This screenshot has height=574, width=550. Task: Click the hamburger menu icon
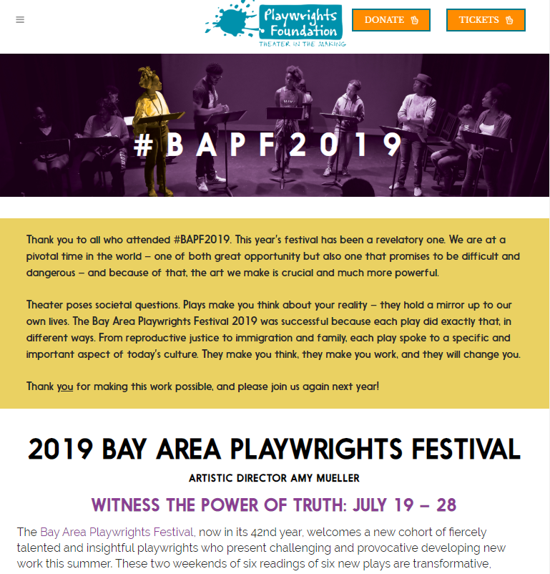pyautogui.click(x=20, y=20)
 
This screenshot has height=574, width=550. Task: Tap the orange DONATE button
pyautogui.click(x=391, y=20)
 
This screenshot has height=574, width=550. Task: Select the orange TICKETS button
pyautogui.click(x=486, y=20)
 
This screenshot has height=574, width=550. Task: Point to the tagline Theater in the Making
pyautogui.click(x=302, y=44)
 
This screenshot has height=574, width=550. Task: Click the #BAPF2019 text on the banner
pyautogui.click(x=268, y=144)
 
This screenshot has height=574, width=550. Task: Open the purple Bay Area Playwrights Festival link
pyautogui.click(x=117, y=532)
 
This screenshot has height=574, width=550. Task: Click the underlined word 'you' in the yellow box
pyautogui.click(x=65, y=386)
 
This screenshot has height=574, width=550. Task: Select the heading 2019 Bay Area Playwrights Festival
pyautogui.click(x=274, y=449)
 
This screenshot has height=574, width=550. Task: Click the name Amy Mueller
pyautogui.click(x=327, y=477)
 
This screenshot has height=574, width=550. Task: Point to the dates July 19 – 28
pyautogui.click(x=405, y=505)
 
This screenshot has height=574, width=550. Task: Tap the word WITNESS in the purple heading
pyautogui.click(x=126, y=505)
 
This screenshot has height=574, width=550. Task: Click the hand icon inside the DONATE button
pyautogui.click(x=415, y=20)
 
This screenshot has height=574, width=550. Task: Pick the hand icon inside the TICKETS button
pyautogui.click(x=509, y=20)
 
